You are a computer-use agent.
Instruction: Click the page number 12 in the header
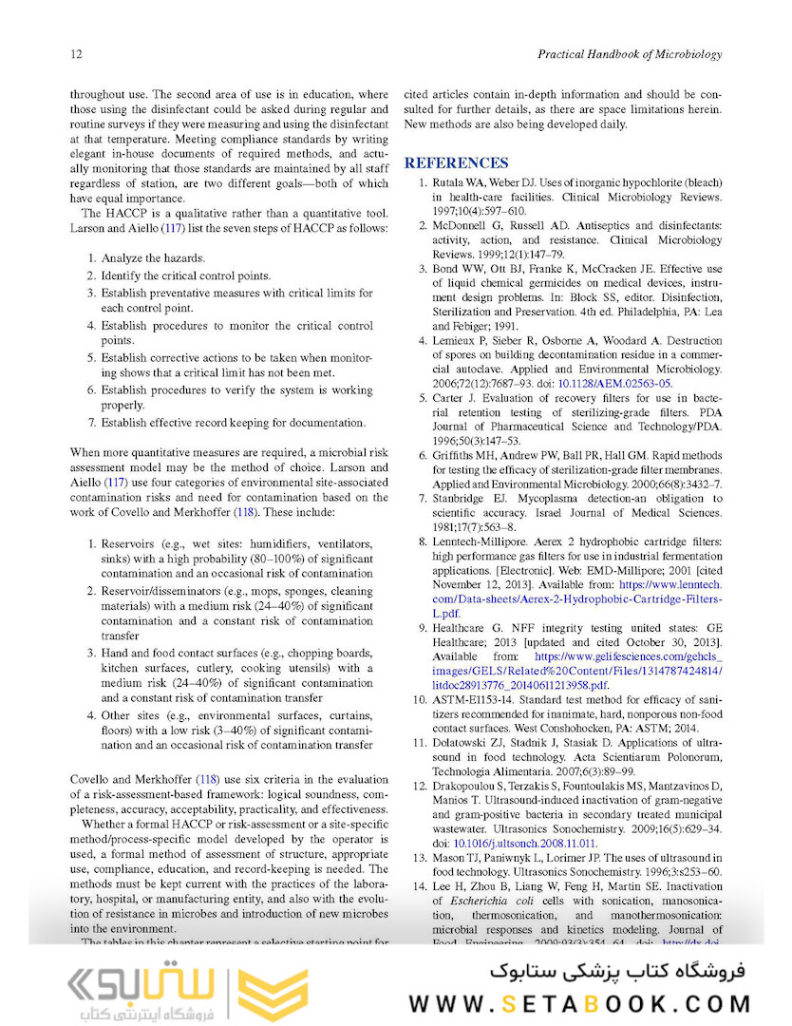tap(77, 54)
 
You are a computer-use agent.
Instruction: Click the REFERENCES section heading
tap(456, 162)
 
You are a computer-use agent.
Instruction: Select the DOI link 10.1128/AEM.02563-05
tap(618, 383)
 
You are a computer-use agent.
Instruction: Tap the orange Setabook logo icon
tap(273, 992)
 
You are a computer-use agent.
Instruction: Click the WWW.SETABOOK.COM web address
tap(580, 1003)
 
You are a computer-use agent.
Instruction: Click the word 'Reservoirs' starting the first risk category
tap(130, 543)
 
